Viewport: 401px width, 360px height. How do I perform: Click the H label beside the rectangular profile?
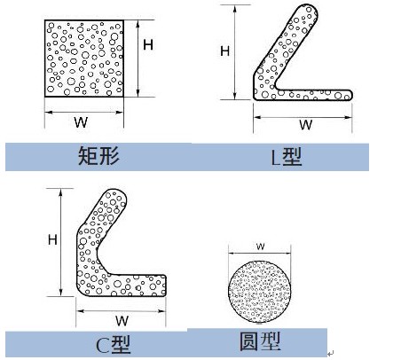coord(148,45)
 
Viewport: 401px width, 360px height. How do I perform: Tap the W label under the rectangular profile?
coord(81,122)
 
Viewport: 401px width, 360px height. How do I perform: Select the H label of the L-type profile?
coord(224,51)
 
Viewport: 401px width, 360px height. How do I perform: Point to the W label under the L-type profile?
coord(305,125)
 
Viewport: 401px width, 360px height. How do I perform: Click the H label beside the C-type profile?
coord(52,239)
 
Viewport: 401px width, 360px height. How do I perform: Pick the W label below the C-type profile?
coord(122,321)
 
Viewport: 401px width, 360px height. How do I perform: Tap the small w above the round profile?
coord(261,247)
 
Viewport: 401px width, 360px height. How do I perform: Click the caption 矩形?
coord(98,156)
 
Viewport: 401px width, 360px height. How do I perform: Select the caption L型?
coord(287,157)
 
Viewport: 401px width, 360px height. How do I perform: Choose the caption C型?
coord(114,345)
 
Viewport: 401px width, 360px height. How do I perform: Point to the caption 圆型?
coord(260,341)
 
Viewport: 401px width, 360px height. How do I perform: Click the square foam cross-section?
coord(84,59)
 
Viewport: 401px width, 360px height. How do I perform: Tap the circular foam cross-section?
coord(259,291)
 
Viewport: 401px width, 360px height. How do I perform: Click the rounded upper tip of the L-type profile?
coord(309,10)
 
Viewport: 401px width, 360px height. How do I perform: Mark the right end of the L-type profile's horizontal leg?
coord(350,95)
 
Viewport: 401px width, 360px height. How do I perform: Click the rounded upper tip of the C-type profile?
coord(117,196)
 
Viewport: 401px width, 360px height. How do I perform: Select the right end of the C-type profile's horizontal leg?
coord(164,286)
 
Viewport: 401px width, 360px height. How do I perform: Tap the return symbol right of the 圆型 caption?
coord(331,353)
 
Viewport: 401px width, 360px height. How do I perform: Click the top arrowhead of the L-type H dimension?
coord(235,10)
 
